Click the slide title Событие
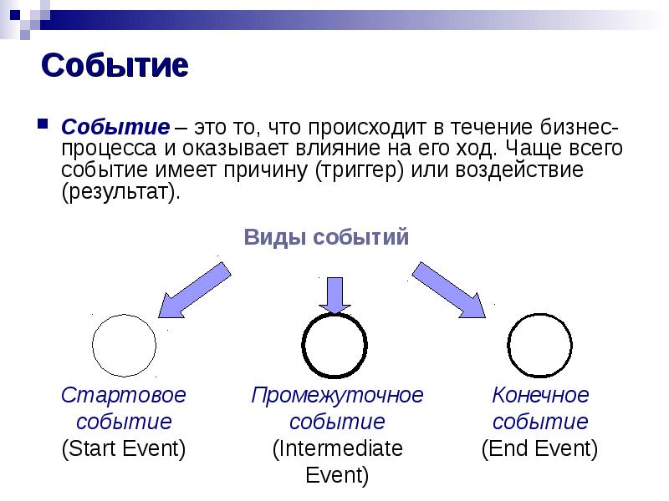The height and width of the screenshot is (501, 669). pyautogui.click(x=115, y=66)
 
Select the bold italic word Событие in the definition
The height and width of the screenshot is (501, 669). pyautogui.click(x=115, y=129)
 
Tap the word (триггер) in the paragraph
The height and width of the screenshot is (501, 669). pyautogui.click(x=362, y=170)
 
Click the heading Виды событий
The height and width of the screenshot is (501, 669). pyautogui.click(x=326, y=237)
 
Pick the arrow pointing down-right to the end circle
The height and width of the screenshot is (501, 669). pyautogui.click(x=449, y=289)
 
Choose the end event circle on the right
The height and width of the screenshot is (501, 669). pyautogui.click(x=540, y=345)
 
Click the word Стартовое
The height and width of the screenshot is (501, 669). pyautogui.click(x=124, y=394)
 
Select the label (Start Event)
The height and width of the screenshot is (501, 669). pyautogui.click(x=124, y=449)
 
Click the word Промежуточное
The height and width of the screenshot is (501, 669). pyautogui.click(x=338, y=394)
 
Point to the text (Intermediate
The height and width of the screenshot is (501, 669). pyautogui.click(x=338, y=449)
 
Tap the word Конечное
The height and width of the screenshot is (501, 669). pyautogui.click(x=540, y=394)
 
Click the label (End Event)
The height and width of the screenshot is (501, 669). pyautogui.click(x=540, y=449)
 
